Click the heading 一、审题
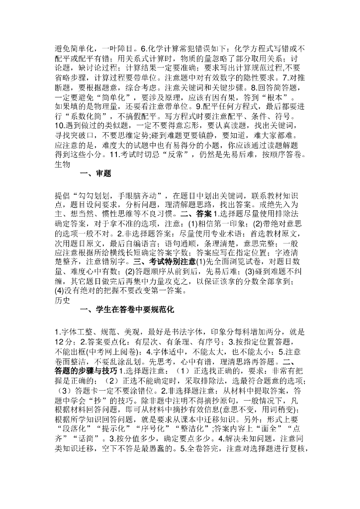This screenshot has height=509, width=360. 95,173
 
